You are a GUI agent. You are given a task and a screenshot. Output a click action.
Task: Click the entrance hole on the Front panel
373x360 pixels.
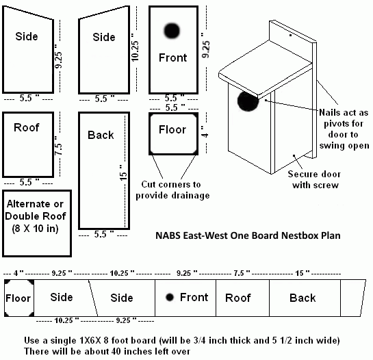click(x=171, y=30)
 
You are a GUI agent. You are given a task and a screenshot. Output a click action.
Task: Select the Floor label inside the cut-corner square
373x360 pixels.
click(x=172, y=129)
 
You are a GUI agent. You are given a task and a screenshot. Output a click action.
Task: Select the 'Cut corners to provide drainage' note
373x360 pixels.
click(x=172, y=190)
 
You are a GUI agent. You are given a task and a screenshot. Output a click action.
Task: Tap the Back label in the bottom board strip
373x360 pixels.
click(x=303, y=298)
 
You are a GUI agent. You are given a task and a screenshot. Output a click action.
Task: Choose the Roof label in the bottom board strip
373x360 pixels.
click(x=238, y=298)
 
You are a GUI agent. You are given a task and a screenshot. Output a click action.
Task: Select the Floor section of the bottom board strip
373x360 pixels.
click(x=18, y=298)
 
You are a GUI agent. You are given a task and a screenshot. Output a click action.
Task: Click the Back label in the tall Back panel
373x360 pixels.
click(x=101, y=135)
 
